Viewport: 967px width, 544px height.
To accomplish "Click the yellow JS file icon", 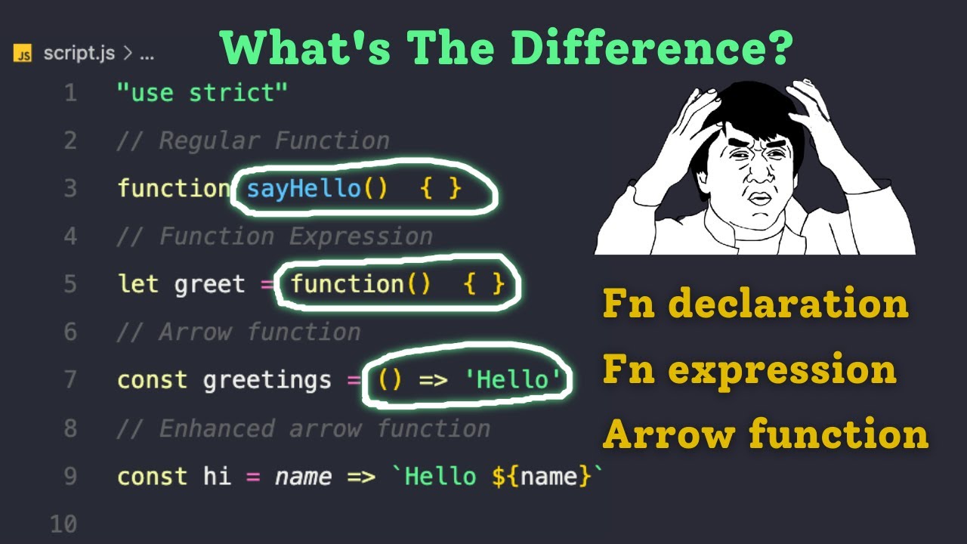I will (23, 54).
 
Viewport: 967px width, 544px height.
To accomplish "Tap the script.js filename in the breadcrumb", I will (79, 54).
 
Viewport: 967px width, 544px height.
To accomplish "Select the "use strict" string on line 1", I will (202, 93).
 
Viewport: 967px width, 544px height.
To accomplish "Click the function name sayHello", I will (304, 188).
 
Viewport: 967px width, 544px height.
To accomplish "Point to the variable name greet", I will (209, 284).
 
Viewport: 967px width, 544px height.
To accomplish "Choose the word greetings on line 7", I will (267, 380).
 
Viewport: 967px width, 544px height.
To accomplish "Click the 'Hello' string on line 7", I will (515, 380).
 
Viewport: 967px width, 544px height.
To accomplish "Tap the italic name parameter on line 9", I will (303, 477).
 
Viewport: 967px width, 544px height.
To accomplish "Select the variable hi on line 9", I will (217, 477).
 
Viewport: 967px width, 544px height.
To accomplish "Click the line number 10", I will (63, 524).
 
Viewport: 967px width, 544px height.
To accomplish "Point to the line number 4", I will (70, 236).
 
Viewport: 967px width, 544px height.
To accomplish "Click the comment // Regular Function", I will (253, 141).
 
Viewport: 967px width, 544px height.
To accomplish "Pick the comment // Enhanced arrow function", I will (303, 428).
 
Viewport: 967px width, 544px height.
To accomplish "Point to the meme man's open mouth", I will (758, 198).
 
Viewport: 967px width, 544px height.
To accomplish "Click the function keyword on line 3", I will (174, 188).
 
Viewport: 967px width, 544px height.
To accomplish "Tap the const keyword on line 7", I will (153, 380).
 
